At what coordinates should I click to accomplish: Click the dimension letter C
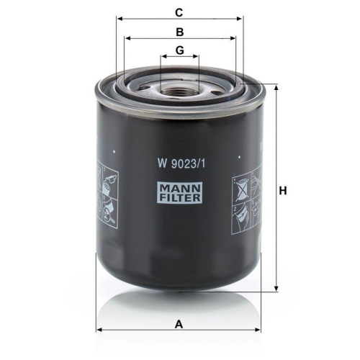pyautogui.click(x=179, y=12)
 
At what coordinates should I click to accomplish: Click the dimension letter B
pyautogui.click(x=180, y=32)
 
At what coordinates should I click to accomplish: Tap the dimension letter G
pyautogui.click(x=180, y=50)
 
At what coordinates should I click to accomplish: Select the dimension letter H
pyautogui.click(x=283, y=191)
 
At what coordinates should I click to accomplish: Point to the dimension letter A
pyautogui.click(x=179, y=325)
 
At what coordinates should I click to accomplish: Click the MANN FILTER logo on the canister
pyautogui.click(x=179, y=192)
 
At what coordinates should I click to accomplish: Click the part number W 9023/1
pyautogui.click(x=181, y=163)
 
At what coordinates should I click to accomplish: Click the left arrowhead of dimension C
pyautogui.click(x=119, y=19)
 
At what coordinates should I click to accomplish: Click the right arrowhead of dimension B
pyautogui.click(x=233, y=38)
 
